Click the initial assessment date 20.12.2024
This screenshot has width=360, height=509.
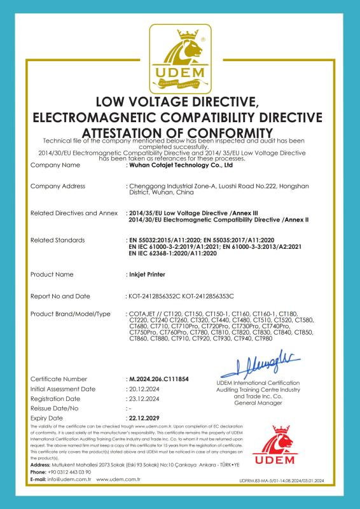[x=142, y=388]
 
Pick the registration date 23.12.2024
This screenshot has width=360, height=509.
[x=142, y=398]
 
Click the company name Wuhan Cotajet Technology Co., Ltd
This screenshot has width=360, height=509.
[x=181, y=165]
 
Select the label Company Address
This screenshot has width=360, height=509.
[x=57, y=186]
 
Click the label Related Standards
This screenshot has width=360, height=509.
[x=57, y=240]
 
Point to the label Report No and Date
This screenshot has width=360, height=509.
[x=61, y=296]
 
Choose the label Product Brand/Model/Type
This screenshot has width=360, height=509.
[x=71, y=314]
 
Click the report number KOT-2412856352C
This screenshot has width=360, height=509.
[x=153, y=296]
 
